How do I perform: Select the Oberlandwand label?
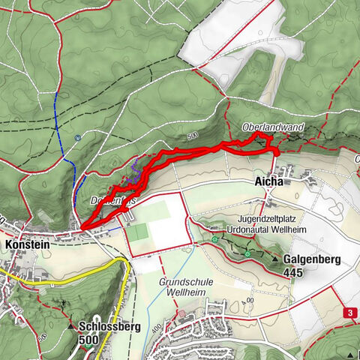274,128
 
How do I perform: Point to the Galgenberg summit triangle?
277,259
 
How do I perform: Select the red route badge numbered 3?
349,311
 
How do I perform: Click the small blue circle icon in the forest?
77,137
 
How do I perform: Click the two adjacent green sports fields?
138,232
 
